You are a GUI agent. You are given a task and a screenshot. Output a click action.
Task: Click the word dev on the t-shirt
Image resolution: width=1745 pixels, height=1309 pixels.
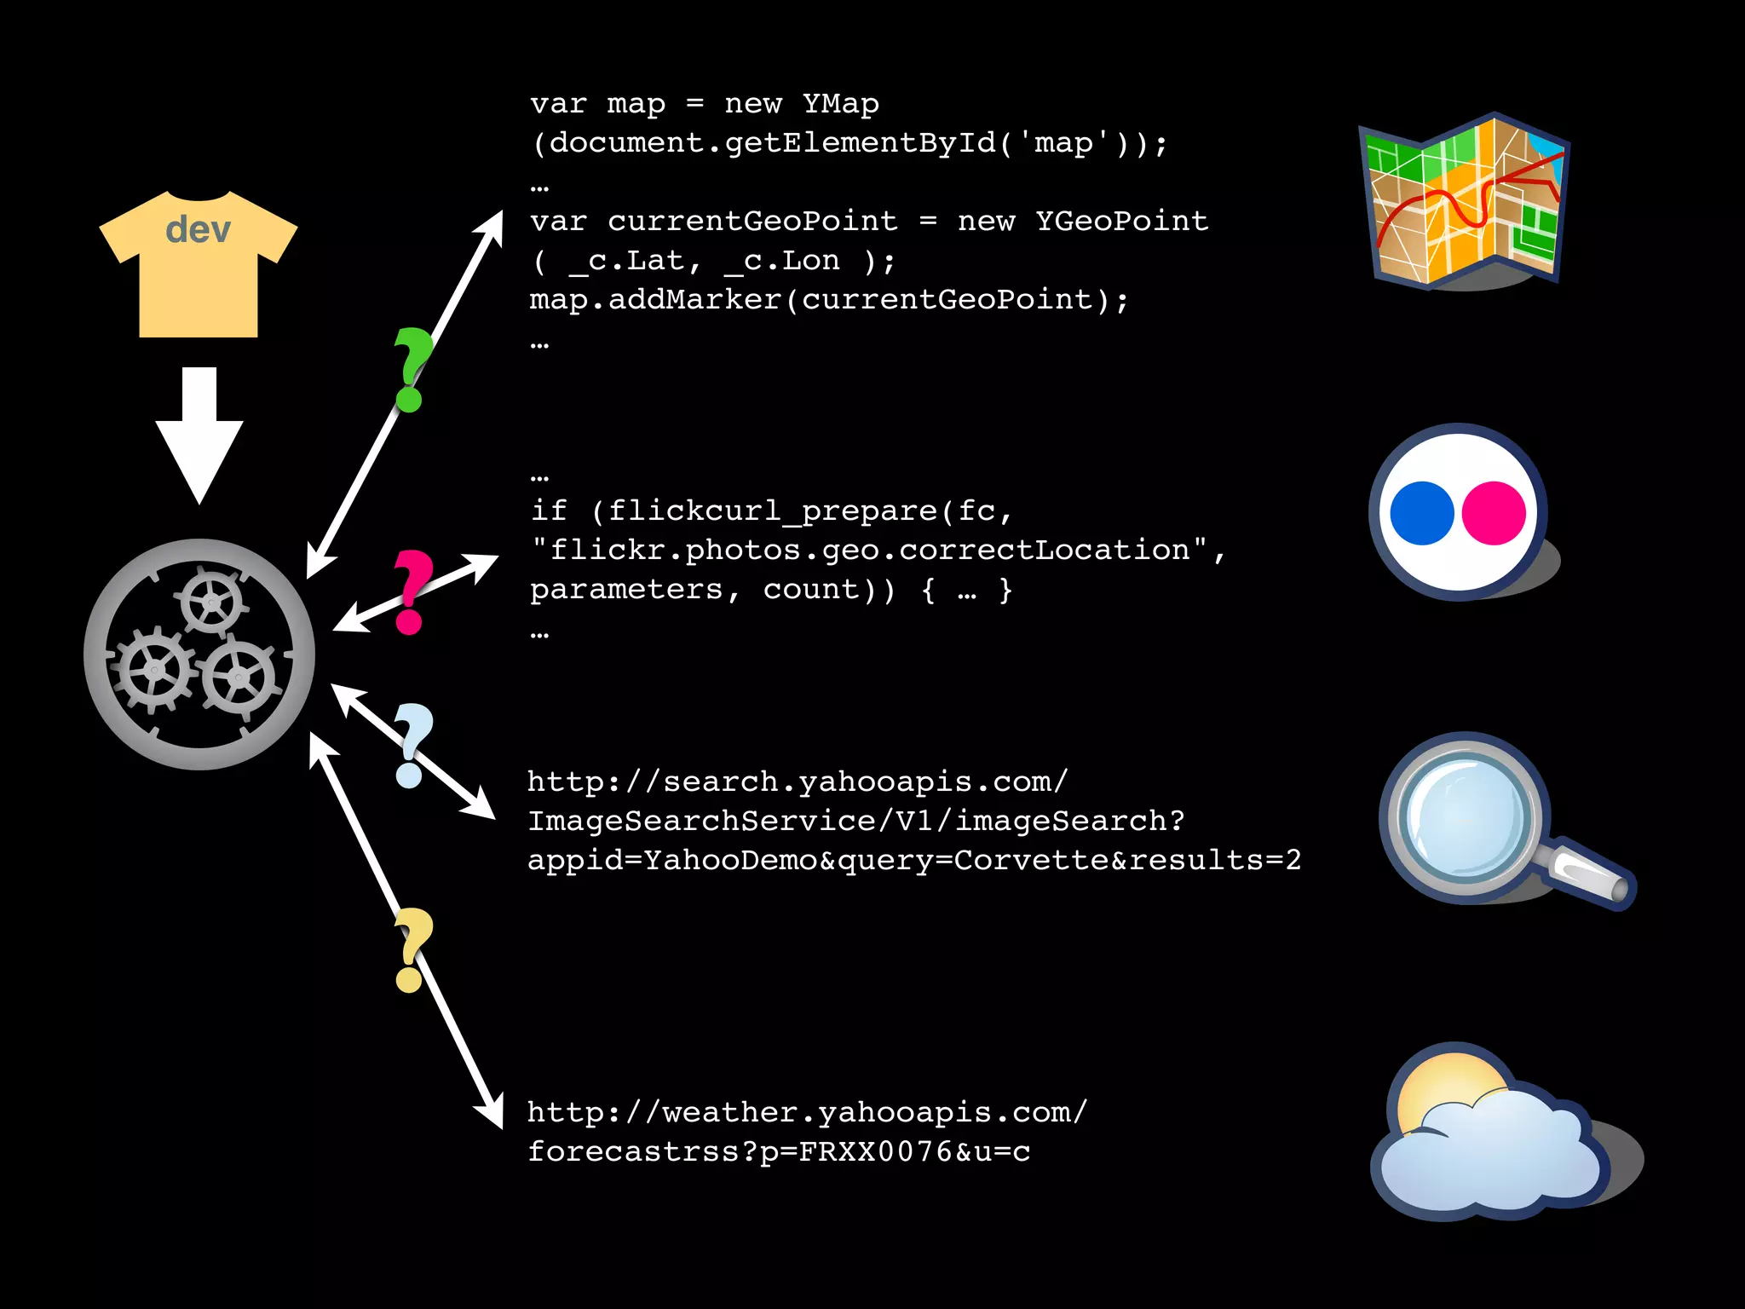(198, 230)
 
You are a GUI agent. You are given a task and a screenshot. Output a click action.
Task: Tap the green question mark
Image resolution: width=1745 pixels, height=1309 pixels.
(412, 366)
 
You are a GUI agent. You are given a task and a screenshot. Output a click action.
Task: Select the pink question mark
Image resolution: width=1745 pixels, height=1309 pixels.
(412, 590)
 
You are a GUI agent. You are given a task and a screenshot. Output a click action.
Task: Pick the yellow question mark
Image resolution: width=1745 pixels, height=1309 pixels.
(412, 948)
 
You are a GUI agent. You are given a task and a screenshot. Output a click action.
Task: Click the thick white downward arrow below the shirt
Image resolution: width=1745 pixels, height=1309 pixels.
(199, 435)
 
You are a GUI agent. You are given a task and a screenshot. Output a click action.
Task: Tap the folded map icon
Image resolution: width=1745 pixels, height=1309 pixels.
(1465, 201)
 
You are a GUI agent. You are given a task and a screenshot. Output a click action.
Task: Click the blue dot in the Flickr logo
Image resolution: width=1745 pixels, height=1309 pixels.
(1421, 513)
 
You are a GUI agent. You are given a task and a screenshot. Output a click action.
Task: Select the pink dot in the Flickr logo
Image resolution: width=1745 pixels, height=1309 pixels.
(1494, 513)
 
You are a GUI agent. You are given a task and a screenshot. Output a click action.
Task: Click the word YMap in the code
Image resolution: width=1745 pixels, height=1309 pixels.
(840, 104)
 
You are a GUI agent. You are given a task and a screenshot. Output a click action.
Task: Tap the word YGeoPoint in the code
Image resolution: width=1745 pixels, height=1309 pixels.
(1121, 222)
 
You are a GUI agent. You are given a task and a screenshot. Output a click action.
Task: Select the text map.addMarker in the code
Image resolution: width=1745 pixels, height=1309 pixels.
(654, 300)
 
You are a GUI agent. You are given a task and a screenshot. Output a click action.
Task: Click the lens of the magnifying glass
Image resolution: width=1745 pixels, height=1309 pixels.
(1466, 816)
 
